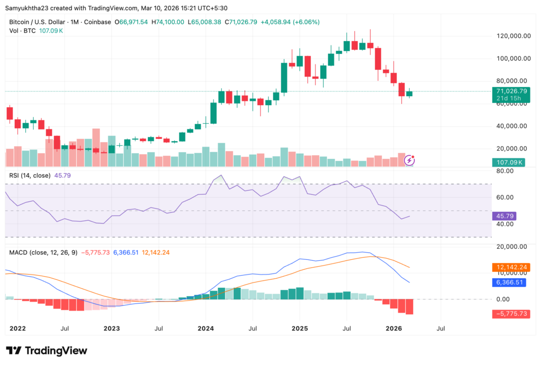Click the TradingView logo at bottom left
point(46,351)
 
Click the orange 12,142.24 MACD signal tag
point(510,268)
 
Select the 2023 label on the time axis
point(112,328)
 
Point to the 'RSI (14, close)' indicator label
point(30,175)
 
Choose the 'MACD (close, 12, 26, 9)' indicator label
point(43,252)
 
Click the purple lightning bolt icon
point(410,159)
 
